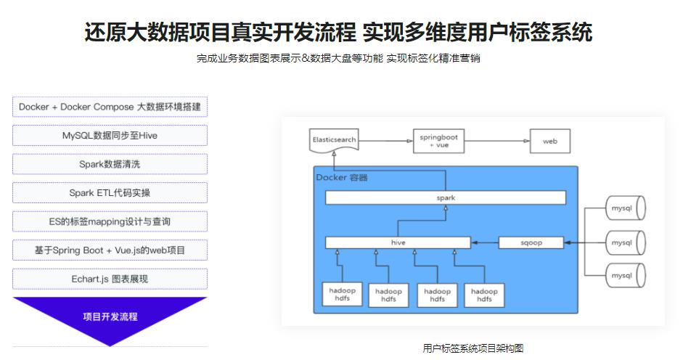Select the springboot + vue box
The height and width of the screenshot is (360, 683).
coord(438,141)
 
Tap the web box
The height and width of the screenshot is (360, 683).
coord(549,141)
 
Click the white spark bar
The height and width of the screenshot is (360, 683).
coord(445,197)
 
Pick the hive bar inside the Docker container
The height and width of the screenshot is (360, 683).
coord(397,242)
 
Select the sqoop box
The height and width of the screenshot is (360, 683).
coord(531,242)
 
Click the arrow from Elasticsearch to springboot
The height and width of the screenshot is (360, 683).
coord(385,141)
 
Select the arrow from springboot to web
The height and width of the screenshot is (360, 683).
coord(496,141)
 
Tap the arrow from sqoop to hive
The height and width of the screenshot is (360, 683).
coord(484,242)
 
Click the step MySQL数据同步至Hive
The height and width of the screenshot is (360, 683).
coord(110,136)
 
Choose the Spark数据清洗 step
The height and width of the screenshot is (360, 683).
coord(110,164)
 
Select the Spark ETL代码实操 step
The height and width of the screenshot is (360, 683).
coord(110,193)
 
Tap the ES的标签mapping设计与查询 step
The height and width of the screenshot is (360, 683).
coord(110,221)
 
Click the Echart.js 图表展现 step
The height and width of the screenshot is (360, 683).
coord(110,279)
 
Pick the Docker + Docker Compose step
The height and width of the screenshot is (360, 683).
coord(110,107)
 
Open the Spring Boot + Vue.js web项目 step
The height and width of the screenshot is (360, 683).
coord(110,250)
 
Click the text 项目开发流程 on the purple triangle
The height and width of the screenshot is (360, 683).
coord(110,316)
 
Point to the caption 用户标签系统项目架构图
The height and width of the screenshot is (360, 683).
coord(473,348)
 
